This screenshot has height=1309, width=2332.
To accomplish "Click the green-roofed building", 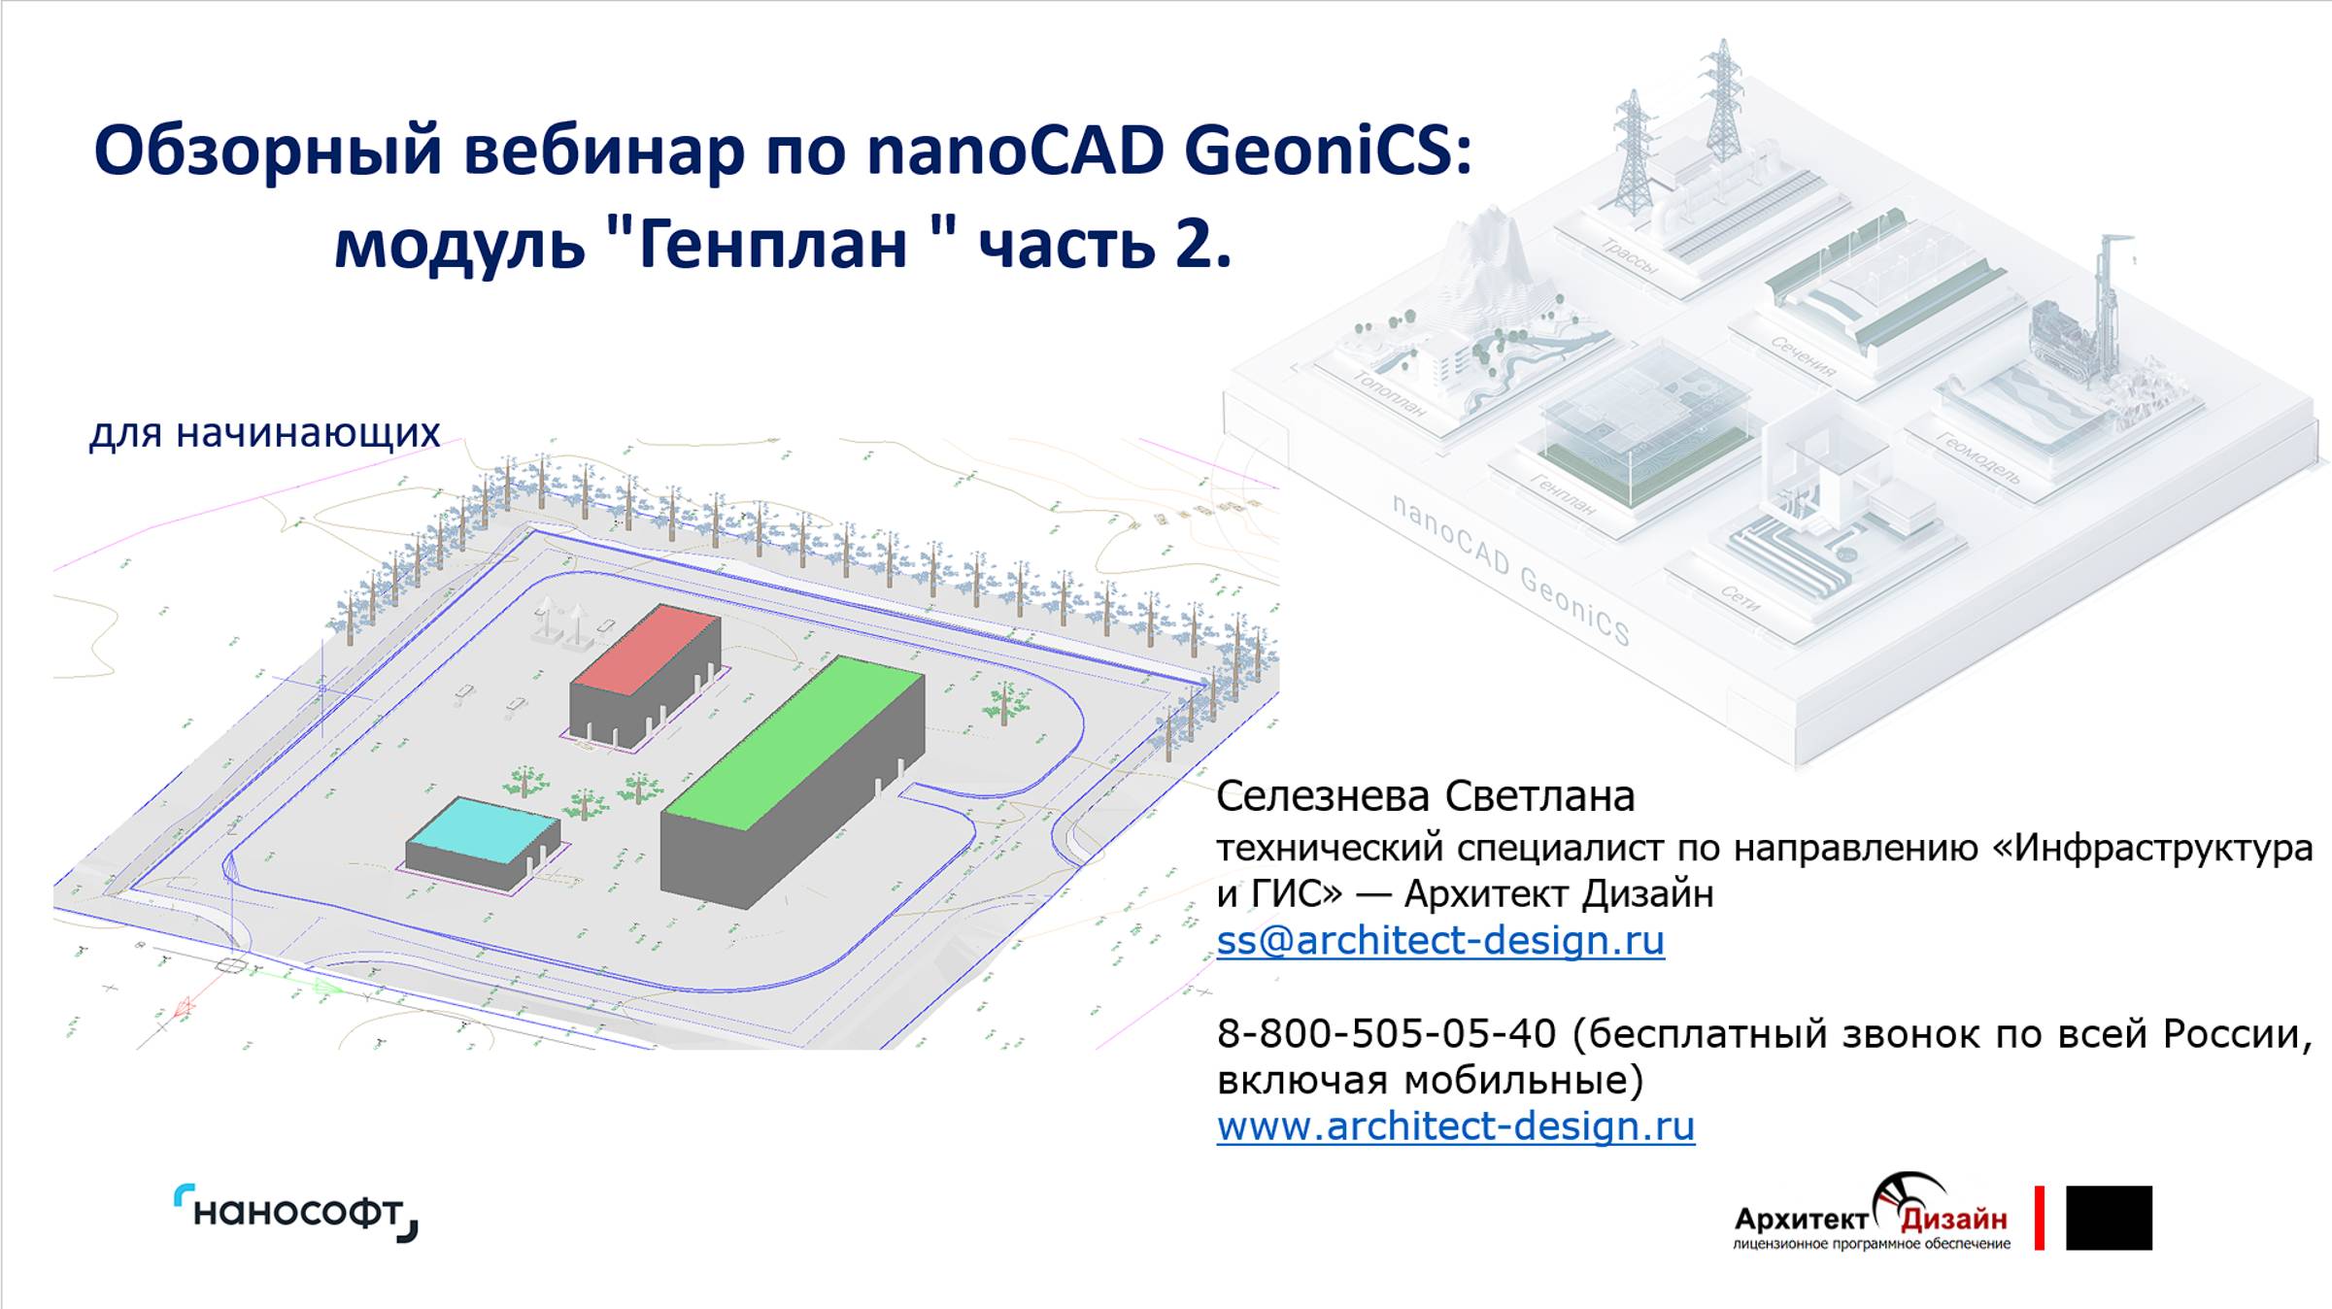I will pos(792,777).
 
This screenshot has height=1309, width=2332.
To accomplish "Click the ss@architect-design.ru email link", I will pos(1439,940).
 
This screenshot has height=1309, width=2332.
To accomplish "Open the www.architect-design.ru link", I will pos(1455,1125).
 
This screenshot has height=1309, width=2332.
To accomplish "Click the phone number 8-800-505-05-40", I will pos(1386,1033).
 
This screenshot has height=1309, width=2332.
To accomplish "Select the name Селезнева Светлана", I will pos(1425,796).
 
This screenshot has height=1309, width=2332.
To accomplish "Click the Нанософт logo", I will pos(296,1213).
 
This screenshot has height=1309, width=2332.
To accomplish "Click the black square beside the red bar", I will pos(2109,1217).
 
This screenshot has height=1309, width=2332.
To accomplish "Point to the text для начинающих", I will pos(264,432).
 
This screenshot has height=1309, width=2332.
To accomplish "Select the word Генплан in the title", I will pos(772,243).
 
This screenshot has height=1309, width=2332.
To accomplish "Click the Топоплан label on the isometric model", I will pos(1390,394).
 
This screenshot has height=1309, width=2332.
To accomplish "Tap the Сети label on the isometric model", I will pos(1741,598).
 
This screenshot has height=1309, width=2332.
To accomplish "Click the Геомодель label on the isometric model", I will pos(1978,457).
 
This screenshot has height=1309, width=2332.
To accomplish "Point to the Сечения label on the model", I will pos(1803,355).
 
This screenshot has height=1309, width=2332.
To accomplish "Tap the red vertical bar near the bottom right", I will pos(2040,1217).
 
